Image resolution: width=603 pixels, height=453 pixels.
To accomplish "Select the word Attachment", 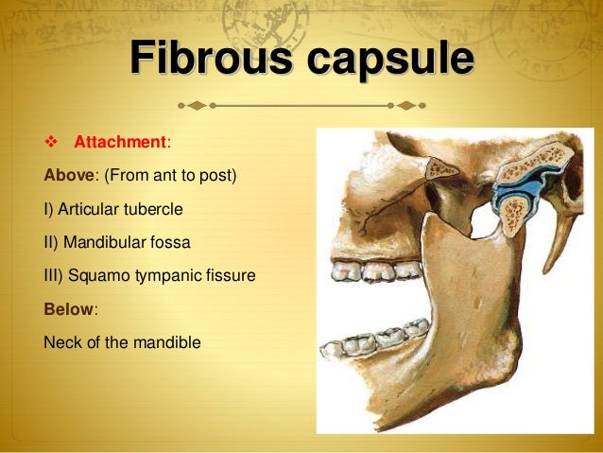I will pos(120,143).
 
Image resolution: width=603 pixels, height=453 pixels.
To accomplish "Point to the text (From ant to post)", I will pos(173,176).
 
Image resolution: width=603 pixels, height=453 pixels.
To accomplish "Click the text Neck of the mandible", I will pos(122,341).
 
